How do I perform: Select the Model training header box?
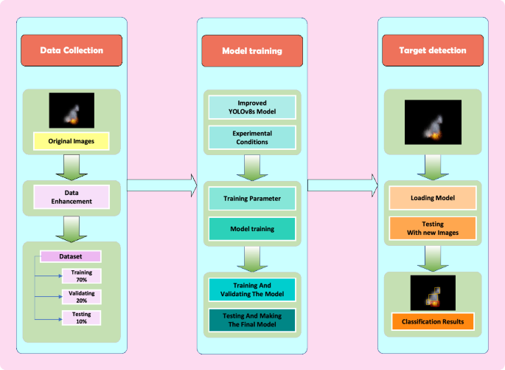point(252,50)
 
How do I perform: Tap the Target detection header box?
point(432,50)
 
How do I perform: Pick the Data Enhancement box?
point(72,196)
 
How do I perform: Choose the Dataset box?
point(70,257)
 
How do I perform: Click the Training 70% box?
point(81,276)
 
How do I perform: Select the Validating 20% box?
point(81,297)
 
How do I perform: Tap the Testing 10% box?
point(81,318)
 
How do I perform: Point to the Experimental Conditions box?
point(252,137)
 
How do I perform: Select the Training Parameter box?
point(252,199)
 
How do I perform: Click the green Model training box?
point(252,228)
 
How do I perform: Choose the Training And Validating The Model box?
point(252,290)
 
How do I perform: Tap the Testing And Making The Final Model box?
point(252,319)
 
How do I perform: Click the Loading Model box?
point(432,198)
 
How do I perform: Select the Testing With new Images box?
point(432,228)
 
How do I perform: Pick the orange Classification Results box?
point(432,321)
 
